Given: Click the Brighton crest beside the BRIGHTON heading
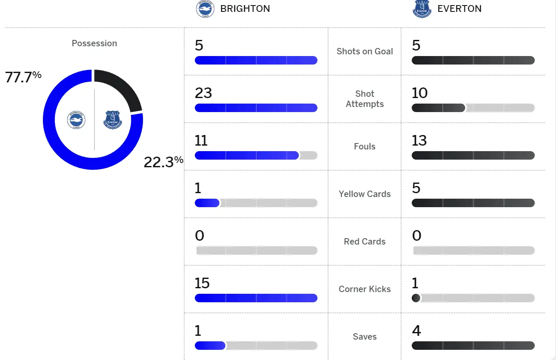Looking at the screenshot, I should pyautogui.click(x=205, y=9).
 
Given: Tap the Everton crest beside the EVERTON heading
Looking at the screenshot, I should pyautogui.click(x=421, y=9).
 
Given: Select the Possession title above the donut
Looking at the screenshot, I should pyautogui.click(x=94, y=43).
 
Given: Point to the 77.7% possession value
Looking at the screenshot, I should pyautogui.click(x=23, y=77).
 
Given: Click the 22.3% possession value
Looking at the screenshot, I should pyautogui.click(x=163, y=162).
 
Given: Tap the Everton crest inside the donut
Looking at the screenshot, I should pyautogui.click(x=112, y=120).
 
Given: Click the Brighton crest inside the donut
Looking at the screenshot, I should pyautogui.click(x=76, y=120).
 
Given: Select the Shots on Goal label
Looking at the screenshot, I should pyautogui.click(x=365, y=51).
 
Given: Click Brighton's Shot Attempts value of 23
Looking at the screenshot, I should pyautogui.click(x=203, y=93).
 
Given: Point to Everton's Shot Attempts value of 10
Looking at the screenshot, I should pyautogui.click(x=420, y=93).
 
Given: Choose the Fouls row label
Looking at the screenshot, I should pyautogui.click(x=365, y=146).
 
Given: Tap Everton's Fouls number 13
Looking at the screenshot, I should pyautogui.click(x=419, y=141).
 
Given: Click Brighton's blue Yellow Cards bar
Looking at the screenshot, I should pyautogui.click(x=207, y=203).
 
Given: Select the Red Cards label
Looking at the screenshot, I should pyautogui.click(x=365, y=242).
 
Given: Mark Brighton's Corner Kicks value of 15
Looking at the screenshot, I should pyautogui.click(x=202, y=283).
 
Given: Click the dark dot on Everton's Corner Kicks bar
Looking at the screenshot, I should pyautogui.click(x=416, y=298).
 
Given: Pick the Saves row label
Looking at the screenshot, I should pyautogui.click(x=365, y=337).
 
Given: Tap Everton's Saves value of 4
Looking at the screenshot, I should pyautogui.click(x=416, y=331).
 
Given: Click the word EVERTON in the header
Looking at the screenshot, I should pyautogui.click(x=459, y=9).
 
